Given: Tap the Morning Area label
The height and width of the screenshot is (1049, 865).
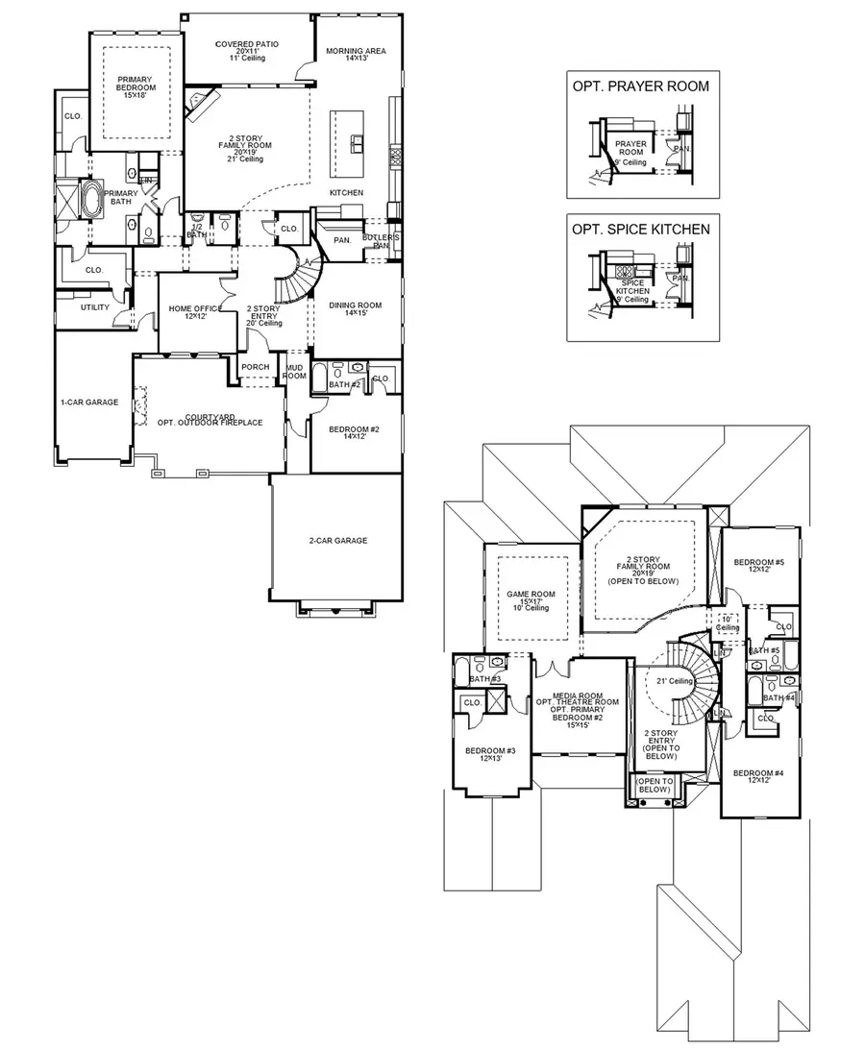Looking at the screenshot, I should [356, 51].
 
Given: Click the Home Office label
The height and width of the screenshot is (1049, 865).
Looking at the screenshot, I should [196, 308].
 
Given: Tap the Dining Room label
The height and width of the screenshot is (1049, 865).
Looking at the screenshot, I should [355, 305].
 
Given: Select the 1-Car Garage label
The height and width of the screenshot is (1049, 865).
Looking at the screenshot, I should [89, 403].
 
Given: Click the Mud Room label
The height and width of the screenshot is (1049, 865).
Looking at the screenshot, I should [293, 373].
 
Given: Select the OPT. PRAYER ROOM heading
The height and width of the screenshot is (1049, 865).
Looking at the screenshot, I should [640, 86].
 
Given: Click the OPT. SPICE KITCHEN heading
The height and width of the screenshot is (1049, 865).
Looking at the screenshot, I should [640, 230].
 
